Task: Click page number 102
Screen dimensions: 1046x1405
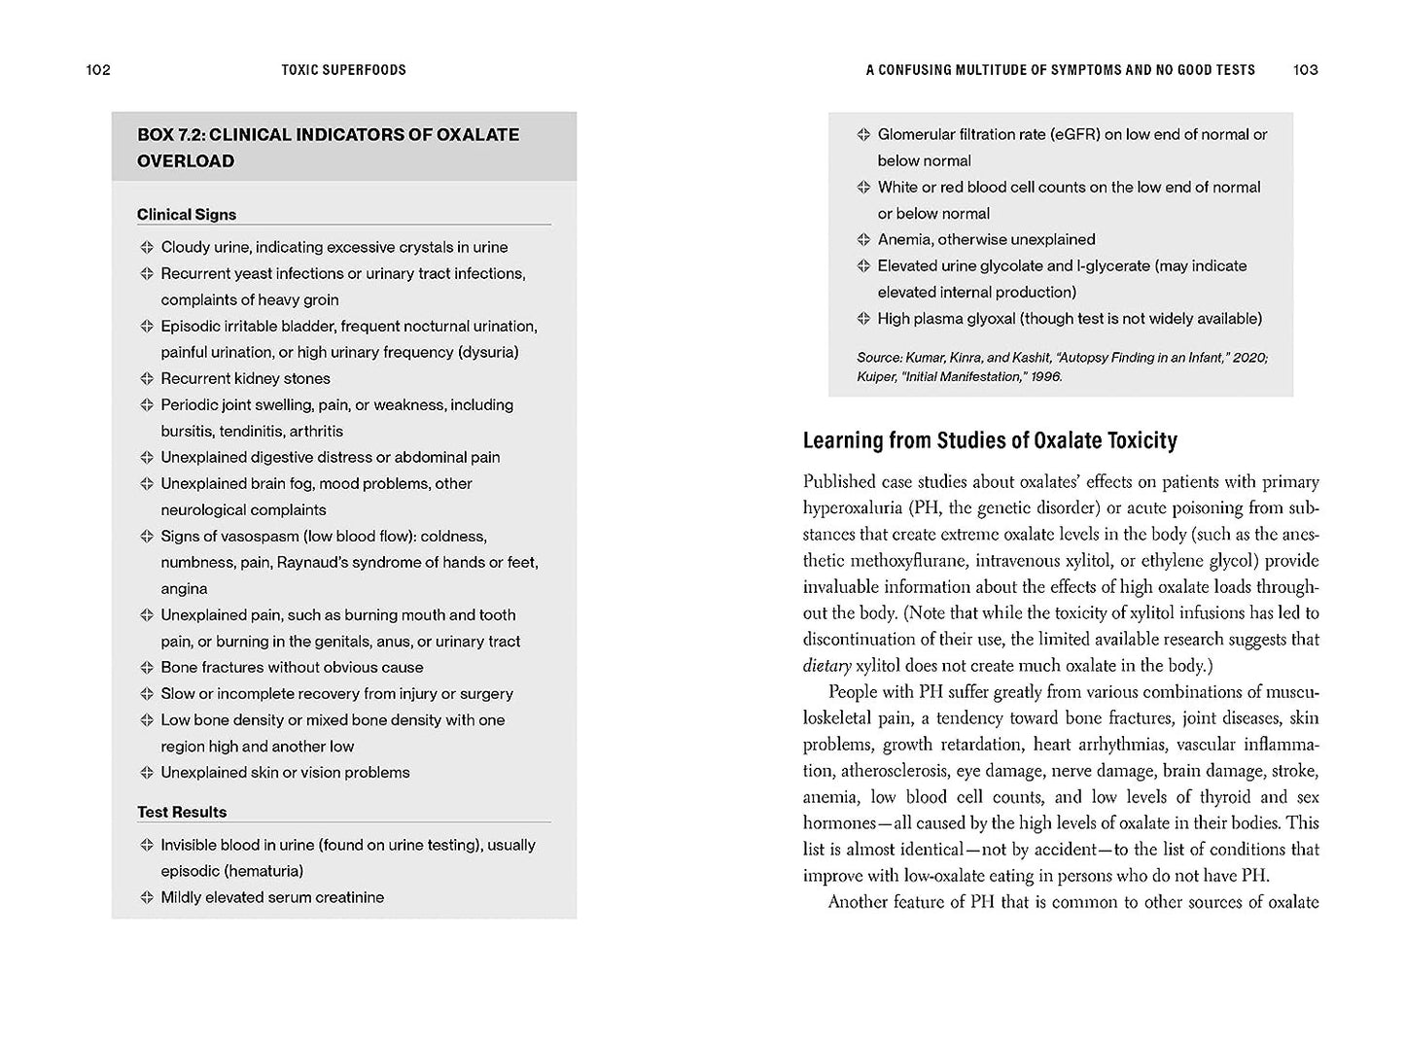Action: point(98,70)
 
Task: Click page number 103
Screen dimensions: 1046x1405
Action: point(1306,70)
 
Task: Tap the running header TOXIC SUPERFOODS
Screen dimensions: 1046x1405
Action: point(343,70)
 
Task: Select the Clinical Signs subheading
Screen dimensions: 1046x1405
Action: point(187,215)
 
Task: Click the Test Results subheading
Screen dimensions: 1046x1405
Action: point(182,812)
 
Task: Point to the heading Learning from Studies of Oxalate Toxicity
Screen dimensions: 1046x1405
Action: point(990,440)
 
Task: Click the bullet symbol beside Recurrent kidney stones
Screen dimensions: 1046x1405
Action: point(147,378)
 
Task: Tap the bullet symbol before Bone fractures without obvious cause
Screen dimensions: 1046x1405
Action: point(147,667)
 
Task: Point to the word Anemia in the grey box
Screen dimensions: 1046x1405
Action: point(905,239)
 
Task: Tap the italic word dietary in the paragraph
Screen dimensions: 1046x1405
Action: point(826,666)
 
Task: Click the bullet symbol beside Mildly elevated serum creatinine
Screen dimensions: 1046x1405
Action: point(147,897)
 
